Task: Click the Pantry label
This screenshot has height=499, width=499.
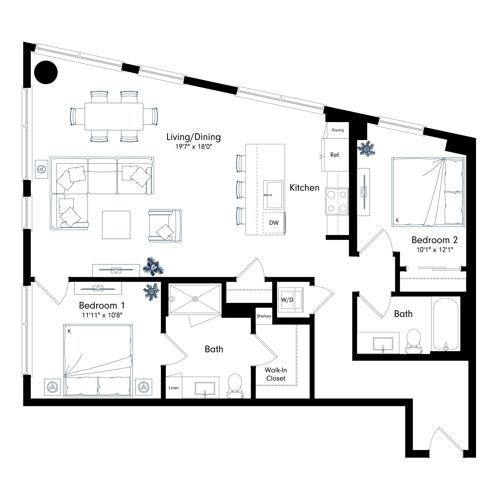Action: coord(338,130)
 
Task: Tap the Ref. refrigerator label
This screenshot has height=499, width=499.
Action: coord(335,155)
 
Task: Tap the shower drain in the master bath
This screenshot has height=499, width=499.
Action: coord(195,299)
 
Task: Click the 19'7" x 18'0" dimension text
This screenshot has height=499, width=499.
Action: coord(194,147)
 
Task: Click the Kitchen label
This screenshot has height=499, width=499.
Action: coord(304,188)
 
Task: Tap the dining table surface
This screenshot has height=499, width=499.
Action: coord(114,117)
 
